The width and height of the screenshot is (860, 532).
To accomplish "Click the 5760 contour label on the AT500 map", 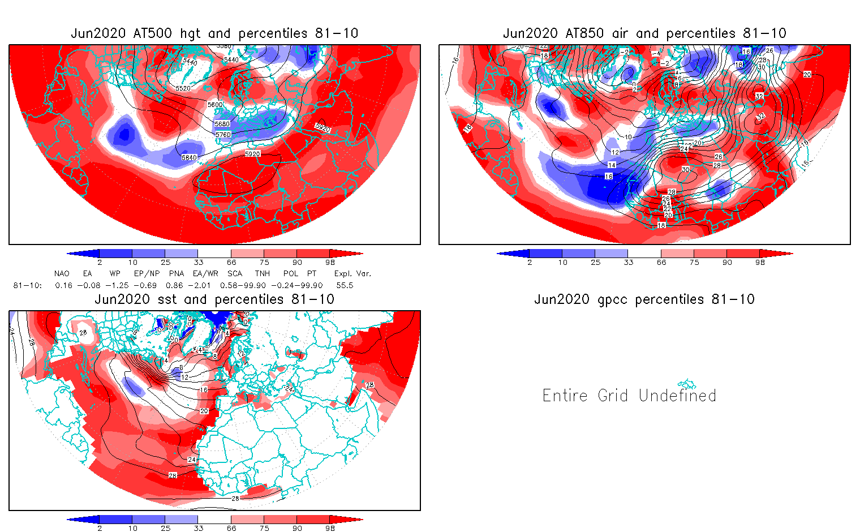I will tap(223, 135).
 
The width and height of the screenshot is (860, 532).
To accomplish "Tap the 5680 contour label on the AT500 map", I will tap(222, 124).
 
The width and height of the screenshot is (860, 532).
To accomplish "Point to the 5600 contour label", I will tap(215, 105).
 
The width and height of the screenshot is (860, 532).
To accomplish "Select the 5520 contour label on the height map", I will tap(183, 88).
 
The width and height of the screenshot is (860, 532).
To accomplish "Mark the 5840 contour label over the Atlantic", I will tap(189, 157).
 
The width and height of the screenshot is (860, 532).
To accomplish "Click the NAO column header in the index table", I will tap(62, 273).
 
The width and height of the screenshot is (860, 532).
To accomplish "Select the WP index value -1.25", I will tap(117, 285).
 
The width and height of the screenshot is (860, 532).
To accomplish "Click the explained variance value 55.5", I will tap(345, 285).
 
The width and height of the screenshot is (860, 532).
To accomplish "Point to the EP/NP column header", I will tap(147, 273).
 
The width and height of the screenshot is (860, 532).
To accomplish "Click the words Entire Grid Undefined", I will tap(629, 395).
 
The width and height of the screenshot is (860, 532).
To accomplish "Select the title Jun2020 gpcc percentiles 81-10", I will tap(644, 299).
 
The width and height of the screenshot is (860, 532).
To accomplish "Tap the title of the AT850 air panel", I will tap(644, 33).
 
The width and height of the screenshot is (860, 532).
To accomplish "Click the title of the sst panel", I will tap(214, 299).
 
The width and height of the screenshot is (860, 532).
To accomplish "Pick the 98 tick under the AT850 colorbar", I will tap(760, 263).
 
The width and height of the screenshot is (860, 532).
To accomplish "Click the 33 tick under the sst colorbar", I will tap(198, 528).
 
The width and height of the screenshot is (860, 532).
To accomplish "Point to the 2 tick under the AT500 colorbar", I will tap(100, 263).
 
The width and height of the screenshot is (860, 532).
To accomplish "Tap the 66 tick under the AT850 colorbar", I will tap(661, 263).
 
